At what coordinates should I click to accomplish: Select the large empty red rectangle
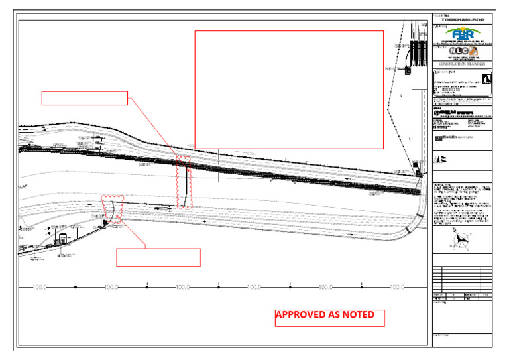(x=289, y=90)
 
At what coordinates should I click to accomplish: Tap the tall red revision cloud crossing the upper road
(x=184, y=182)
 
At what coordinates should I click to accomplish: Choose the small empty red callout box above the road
(x=84, y=98)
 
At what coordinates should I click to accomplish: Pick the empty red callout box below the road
(x=158, y=257)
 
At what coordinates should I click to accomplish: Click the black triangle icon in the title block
(x=487, y=79)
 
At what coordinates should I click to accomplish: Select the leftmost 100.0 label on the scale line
(x=40, y=287)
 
